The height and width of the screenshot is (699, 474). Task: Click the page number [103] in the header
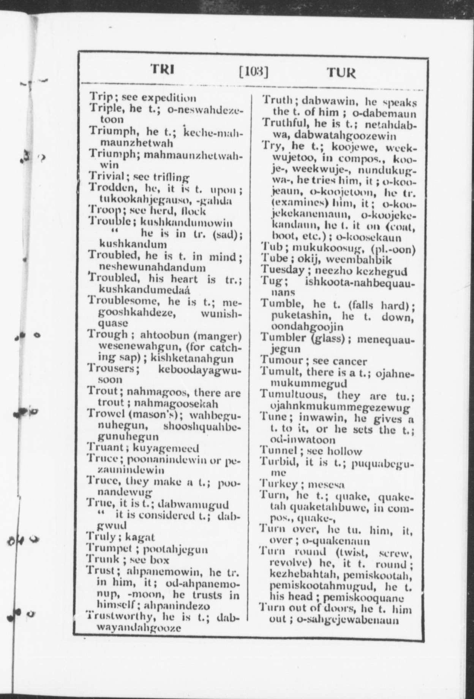coord(253,71)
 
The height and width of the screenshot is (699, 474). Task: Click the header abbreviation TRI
coord(163,69)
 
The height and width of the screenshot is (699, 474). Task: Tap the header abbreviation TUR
coord(341,72)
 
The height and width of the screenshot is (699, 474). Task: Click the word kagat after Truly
coord(140,537)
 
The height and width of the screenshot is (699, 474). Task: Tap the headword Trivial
coord(107,177)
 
